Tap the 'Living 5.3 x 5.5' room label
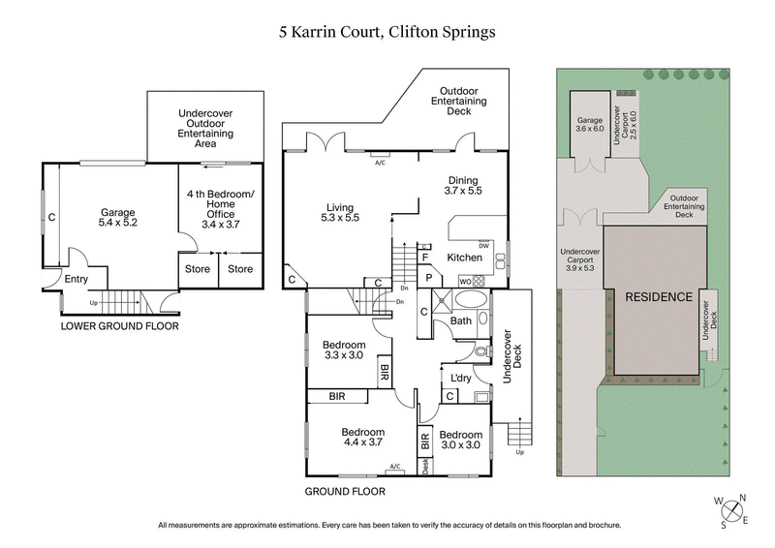click(x=342, y=212)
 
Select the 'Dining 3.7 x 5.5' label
click(x=463, y=185)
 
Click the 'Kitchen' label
click(x=464, y=257)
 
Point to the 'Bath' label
click(x=461, y=320)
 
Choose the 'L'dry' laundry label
click(x=461, y=378)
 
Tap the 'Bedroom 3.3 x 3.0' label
click(x=343, y=350)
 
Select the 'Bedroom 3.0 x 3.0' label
click(x=461, y=441)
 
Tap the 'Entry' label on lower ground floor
click(x=76, y=279)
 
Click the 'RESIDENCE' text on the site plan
click(x=658, y=297)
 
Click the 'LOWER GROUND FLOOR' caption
click(x=119, y=326)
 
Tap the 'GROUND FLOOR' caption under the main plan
click(x=345, y=492)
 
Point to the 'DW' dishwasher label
click(x=483, y=245)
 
